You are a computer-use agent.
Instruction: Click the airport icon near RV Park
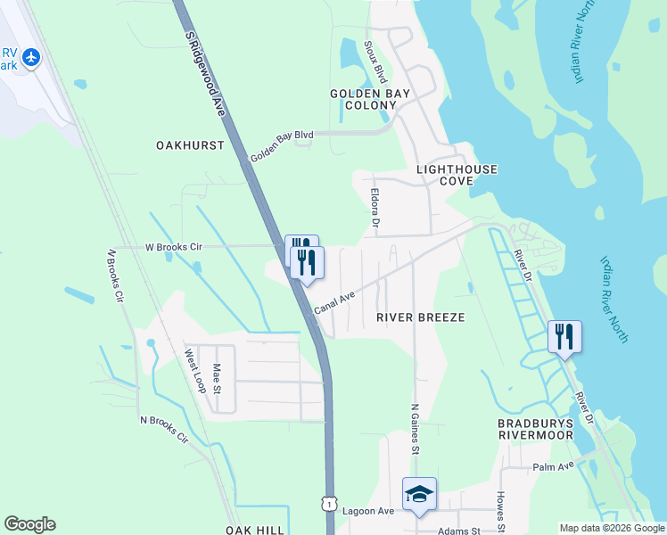tap(32, 57)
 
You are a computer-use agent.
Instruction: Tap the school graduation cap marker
tap(419, 494)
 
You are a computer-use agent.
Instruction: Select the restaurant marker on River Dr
tap(564, 337)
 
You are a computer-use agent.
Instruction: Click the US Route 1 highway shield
tap(330, 504)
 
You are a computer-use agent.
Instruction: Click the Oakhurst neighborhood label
tap(190, 144)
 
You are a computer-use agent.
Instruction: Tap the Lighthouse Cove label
tap(457, 174)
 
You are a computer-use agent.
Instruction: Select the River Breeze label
tap(421, 317)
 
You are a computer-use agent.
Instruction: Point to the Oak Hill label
tap(254, 530)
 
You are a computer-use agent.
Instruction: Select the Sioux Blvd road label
tap(375, 61)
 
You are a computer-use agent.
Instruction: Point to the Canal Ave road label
tap(334, 302)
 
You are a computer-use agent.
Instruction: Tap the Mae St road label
tap(217, 381)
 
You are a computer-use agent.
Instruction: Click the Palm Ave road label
tap(553, 467)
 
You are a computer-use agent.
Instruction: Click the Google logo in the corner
tap(29, 524)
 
